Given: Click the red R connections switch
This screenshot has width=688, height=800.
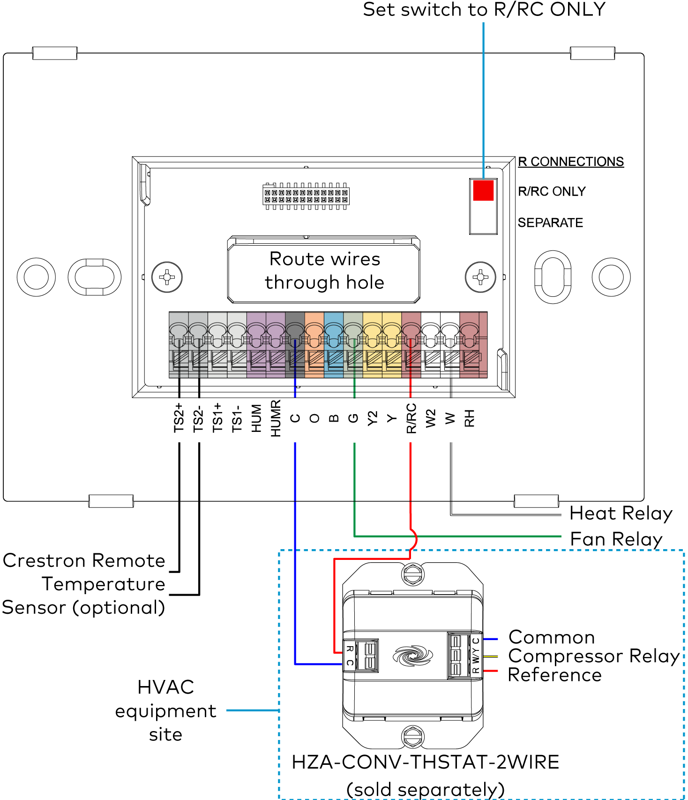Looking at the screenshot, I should point(483,190).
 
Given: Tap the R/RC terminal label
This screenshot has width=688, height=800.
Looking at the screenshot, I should point(411,418).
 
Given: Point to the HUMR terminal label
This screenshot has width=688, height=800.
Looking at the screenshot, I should point(276,418).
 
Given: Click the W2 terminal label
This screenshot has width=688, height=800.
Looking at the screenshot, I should point(431,418).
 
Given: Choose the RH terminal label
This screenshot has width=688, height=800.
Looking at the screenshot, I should point(470,418).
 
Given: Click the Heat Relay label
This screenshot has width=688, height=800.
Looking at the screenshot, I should point(621,513).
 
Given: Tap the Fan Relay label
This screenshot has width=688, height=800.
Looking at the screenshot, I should point(616,539).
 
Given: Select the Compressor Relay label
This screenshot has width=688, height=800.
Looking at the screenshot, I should point(594,656).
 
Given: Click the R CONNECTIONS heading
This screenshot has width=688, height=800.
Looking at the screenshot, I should point(571,162).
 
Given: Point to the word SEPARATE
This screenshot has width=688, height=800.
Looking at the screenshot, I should point(550,223).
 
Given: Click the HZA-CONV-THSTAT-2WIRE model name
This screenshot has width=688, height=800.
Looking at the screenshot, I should point(425,762).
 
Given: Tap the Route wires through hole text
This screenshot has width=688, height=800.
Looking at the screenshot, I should point(324,271).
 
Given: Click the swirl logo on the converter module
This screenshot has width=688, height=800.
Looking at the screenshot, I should point(412,655).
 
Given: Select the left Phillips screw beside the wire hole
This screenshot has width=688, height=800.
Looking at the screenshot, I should point(167,277).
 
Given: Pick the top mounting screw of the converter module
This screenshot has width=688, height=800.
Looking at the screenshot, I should point(412,574).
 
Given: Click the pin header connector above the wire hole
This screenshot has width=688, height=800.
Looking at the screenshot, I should point(306,196).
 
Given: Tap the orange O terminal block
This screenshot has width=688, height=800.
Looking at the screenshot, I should point(314,345).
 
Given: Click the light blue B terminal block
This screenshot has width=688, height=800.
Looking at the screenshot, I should point(334,345).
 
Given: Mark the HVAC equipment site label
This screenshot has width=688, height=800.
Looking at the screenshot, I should point(165,711).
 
